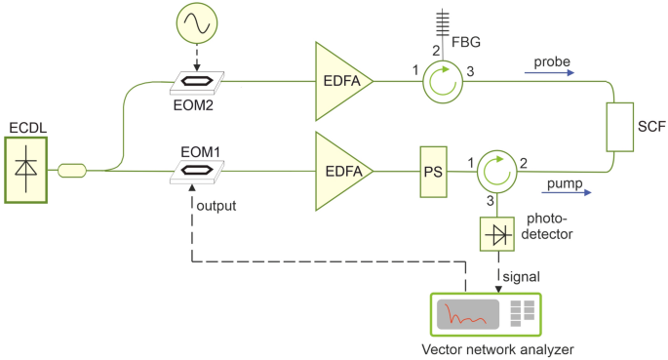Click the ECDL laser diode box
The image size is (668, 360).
coord(26,169)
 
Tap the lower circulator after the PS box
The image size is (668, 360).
coord(498,171)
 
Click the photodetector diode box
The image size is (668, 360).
coord(498,234)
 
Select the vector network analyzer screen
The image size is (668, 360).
coord(466,315)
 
